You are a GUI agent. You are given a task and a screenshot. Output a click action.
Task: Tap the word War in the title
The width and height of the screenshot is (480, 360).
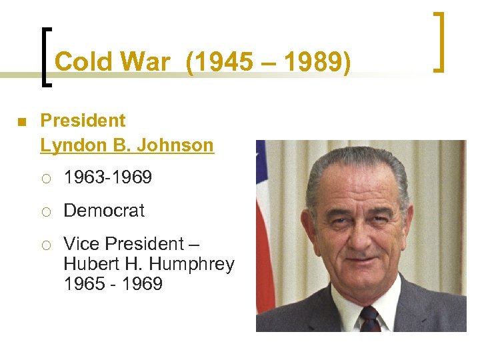[x=145, y=62]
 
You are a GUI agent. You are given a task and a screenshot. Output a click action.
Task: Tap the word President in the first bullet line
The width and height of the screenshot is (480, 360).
[x=83, y=121]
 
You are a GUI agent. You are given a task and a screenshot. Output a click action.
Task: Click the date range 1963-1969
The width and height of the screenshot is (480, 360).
[x=108, y=178]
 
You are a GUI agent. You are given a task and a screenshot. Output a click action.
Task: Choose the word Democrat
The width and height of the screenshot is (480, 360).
[x=104, y=211]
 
